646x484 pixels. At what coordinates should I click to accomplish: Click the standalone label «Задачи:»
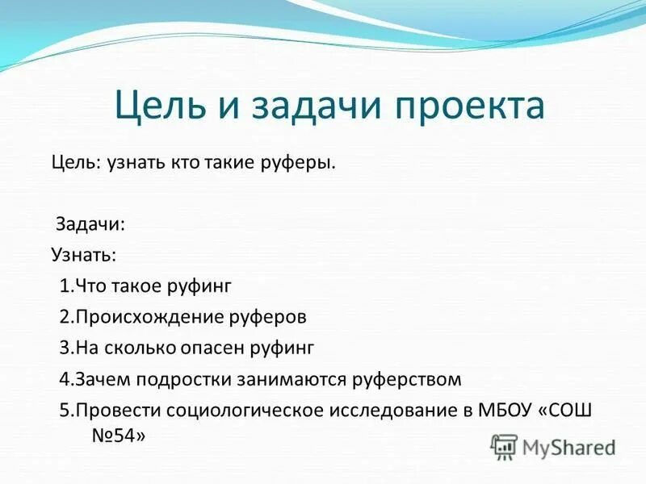(x=90, y=224)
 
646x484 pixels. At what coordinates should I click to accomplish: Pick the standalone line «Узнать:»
(x=84, y=255)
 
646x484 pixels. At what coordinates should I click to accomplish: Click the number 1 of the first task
(x=64, y=286)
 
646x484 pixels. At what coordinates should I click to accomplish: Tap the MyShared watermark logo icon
(x=504, y=446)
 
